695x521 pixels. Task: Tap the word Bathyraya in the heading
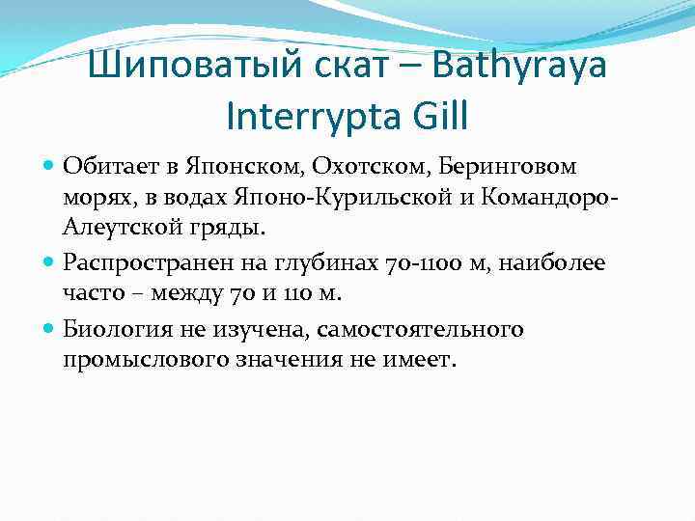(x=524, y=69)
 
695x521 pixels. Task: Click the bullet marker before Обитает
(x=50, y=167)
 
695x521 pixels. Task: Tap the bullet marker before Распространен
(x=50, y=260)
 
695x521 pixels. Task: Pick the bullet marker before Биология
(x=50, y=330)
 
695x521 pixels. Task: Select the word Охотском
(x=342, y=166)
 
